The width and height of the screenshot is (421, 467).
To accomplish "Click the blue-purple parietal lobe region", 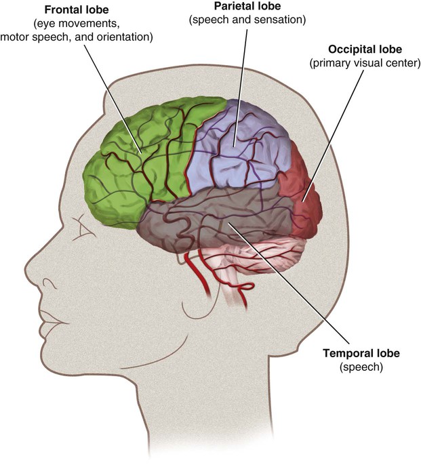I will [237, 146].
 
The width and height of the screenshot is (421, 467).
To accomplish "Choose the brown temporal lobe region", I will [203, 224].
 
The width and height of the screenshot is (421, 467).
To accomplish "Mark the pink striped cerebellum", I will [271, 254].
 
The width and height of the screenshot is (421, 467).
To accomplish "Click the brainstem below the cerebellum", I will [234, 291].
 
